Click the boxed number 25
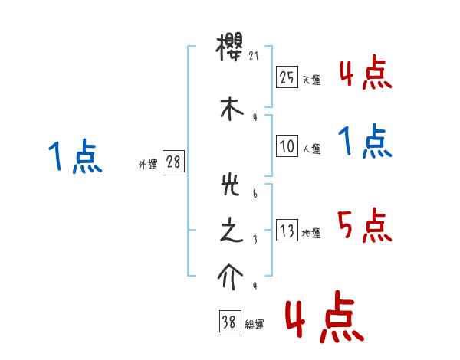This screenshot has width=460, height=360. pos(287,77)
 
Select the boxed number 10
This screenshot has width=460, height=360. pos(287,146)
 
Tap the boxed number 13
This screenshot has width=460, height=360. pos(287,231)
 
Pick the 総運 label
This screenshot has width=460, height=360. pos(255,326)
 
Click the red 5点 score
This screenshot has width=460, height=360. pos(365,225)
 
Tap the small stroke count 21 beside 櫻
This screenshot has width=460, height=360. pos(255,56)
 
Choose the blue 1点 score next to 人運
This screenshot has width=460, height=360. pos(365,141)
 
